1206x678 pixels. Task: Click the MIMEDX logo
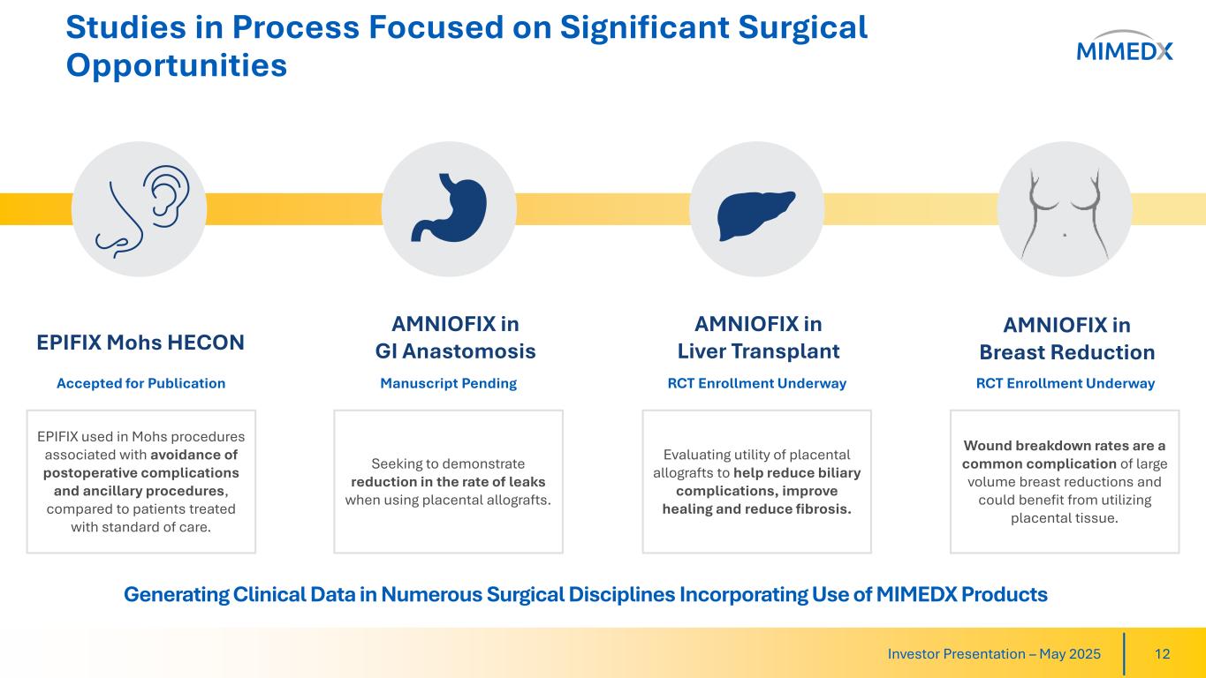(1124, 45)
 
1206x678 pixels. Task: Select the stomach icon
(449, 207)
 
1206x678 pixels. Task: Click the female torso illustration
(1065, 215)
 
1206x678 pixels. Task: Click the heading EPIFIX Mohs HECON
(140, 343)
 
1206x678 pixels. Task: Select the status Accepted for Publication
(141, 383)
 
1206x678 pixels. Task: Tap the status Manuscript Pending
(449, 383)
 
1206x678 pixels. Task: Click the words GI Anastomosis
(456, 351)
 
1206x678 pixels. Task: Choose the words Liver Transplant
(758, 351)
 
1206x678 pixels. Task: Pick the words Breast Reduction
(1067, 352)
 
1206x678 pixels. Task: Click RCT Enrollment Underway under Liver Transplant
(757, 383)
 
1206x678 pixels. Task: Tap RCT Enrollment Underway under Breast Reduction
(1066, 383)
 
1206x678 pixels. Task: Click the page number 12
(1163, 654)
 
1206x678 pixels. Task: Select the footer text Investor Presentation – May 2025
(994, 654)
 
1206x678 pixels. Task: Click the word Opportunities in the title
(177, 66)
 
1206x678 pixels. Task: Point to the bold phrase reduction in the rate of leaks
(448, 482)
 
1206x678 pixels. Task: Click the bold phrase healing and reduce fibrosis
(757, 509)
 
